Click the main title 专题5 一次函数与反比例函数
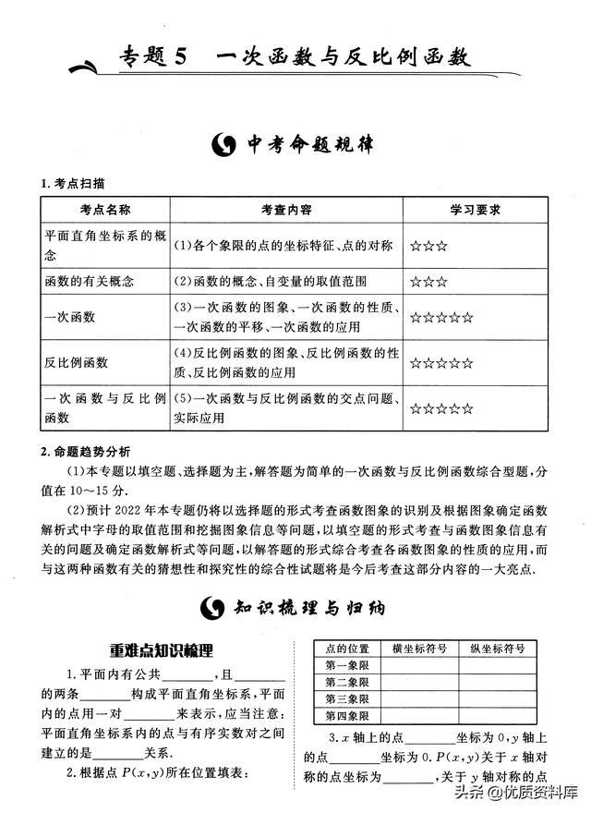(x=295, y=57)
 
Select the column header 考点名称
(x=105, y=211)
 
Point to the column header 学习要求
(x=475, y=211)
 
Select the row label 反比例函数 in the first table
(x=77, y=363)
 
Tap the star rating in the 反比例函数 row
(x=442, y=363)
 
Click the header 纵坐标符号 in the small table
(x=498, y=648)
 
